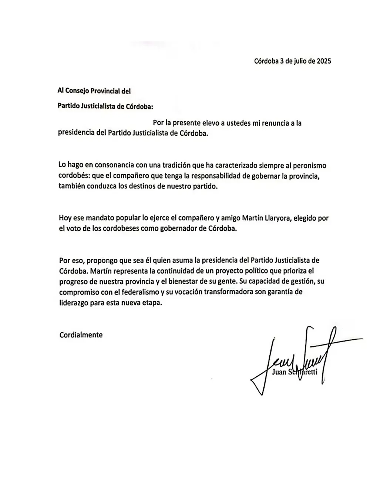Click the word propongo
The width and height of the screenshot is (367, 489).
(102, 260)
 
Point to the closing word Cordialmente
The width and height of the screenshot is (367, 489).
(81, 335)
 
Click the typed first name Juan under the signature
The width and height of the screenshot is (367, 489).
(279, 372)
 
